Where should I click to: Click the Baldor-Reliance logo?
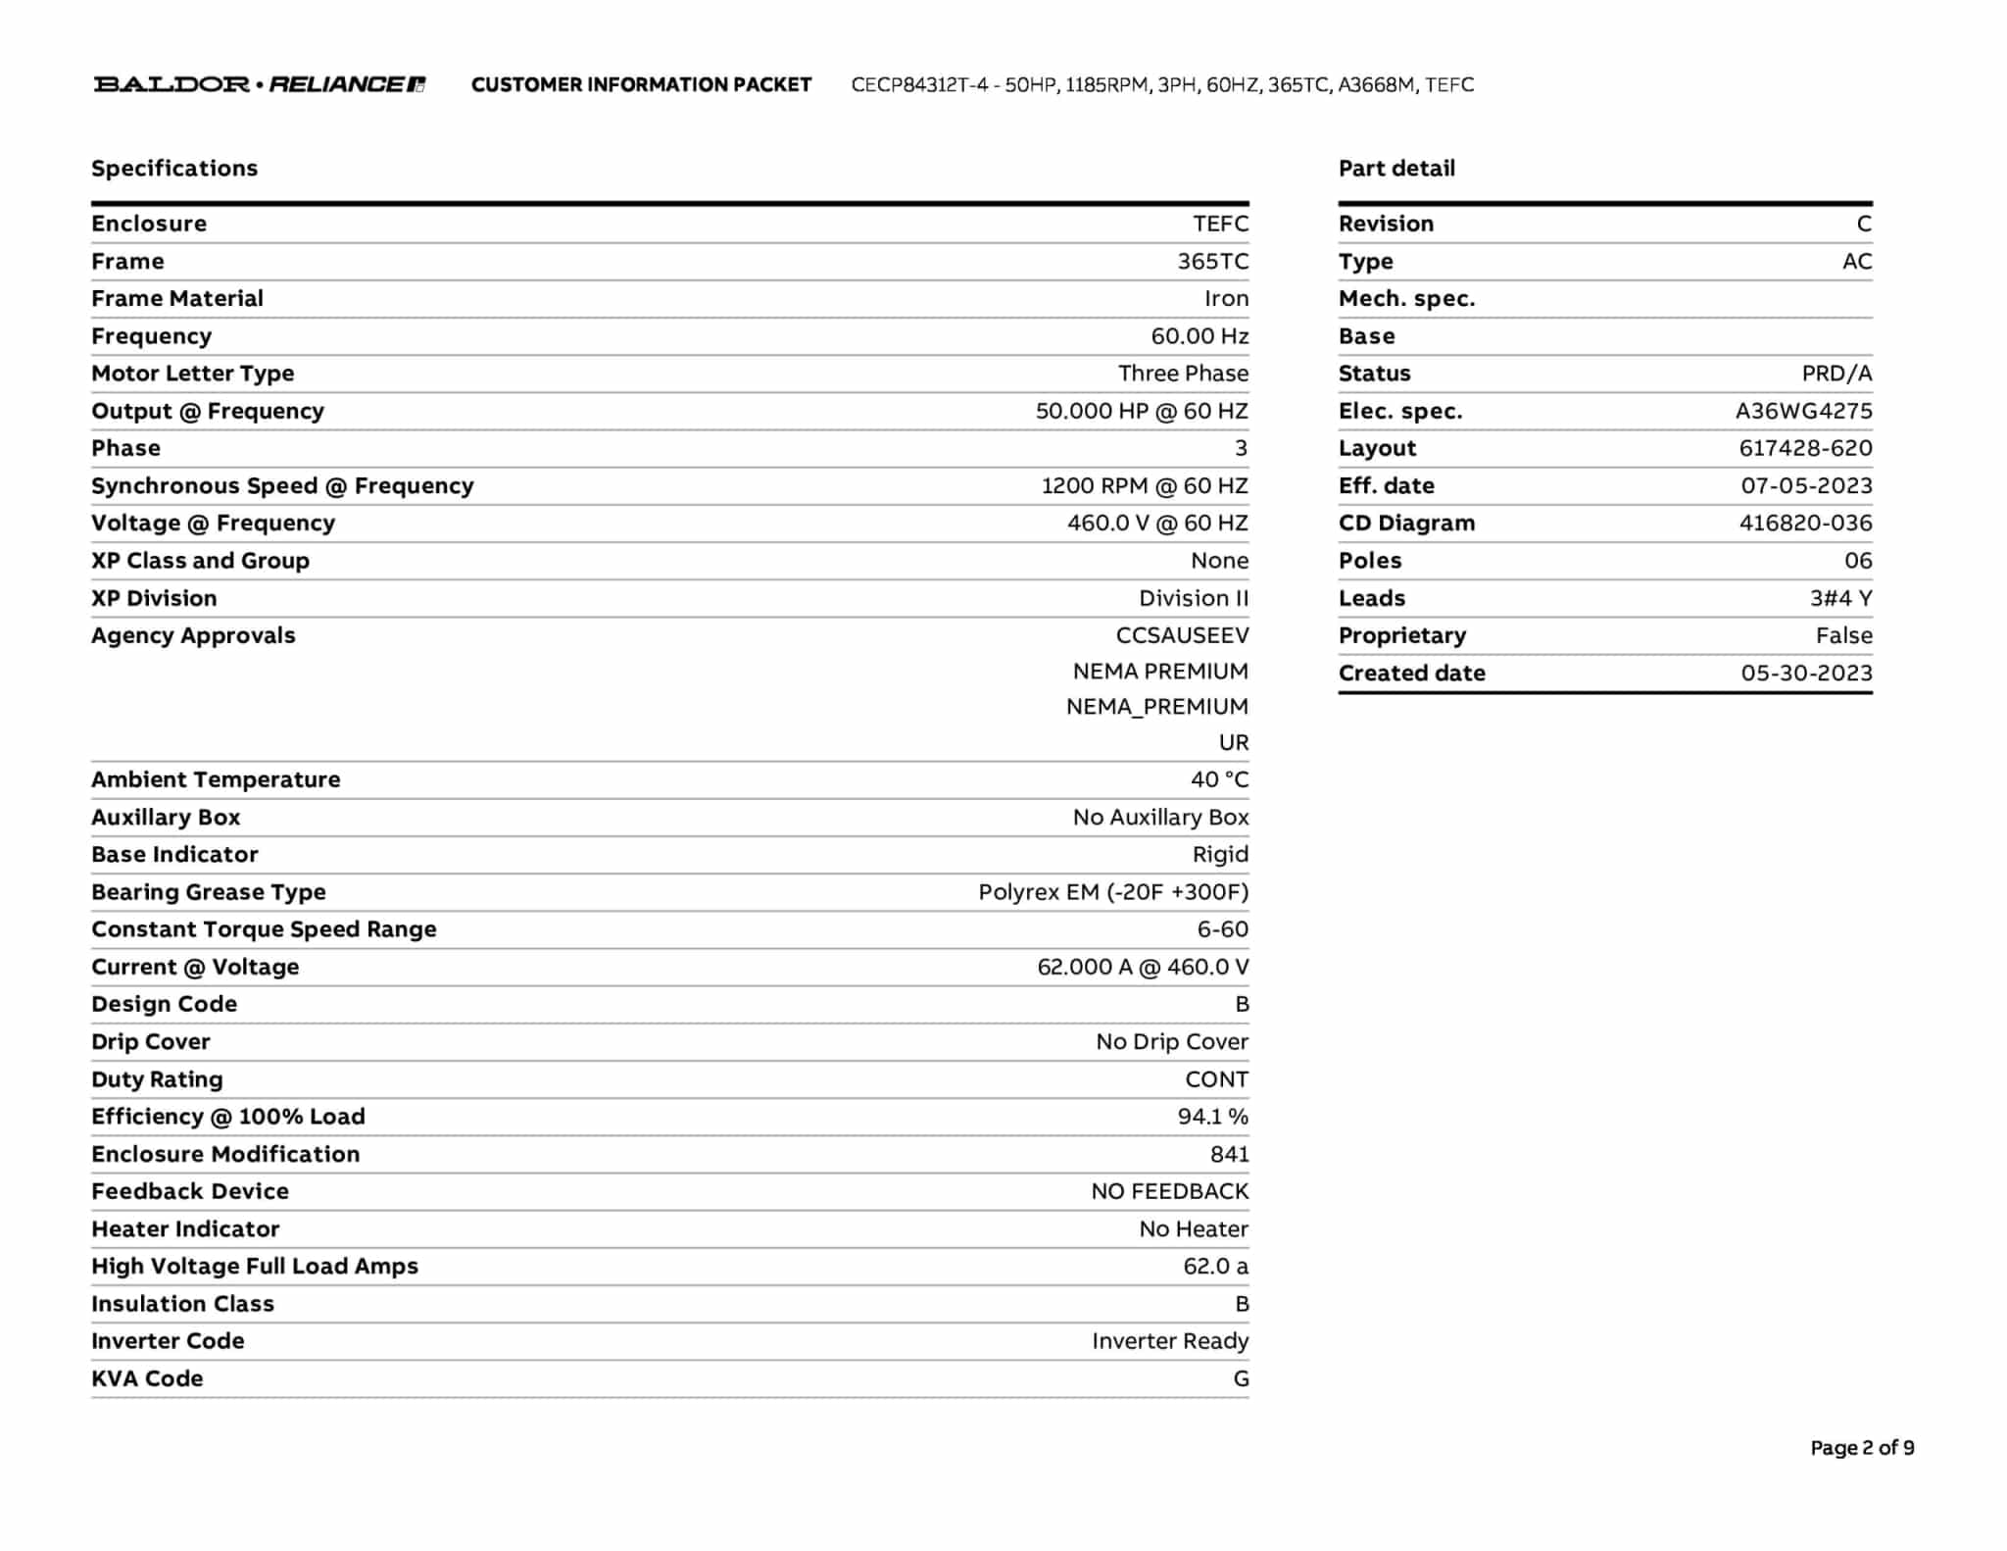(260, 84)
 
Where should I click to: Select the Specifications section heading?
(174, 168)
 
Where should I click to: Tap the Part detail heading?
(1396, 168)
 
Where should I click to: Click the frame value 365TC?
(1212, 261)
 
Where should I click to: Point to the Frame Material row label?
(177, 298)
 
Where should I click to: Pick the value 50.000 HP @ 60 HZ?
(1142, 411)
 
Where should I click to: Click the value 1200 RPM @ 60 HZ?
(1145, 485)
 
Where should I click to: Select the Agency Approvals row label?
(193, 635)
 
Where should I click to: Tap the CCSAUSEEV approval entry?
(1182, 635)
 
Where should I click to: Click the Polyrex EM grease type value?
(1113, 892)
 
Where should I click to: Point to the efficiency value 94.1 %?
(1212, 1116)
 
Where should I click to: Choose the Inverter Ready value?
(1170, 1340)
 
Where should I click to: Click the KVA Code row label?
(147, 1378)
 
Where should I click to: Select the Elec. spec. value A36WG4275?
(1803, 411)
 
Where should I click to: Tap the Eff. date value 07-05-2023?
(1806, 485)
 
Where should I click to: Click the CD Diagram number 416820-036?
(1805, 523)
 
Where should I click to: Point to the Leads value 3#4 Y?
(1840, 598)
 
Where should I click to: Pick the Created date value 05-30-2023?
(1806, 673)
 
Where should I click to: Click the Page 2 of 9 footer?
(1862, 1447)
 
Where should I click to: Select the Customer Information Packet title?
(641, 84)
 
